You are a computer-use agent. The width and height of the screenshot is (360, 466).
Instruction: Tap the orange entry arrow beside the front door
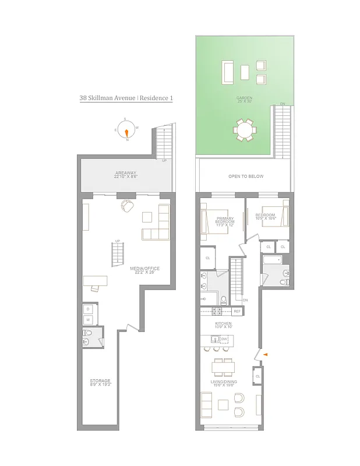coord(266,354)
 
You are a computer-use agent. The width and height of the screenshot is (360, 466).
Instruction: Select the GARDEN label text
coord(244,98)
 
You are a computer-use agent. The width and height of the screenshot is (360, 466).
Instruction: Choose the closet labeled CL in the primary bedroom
coord(208,258)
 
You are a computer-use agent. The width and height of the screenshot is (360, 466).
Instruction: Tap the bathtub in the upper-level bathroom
coord(271,260)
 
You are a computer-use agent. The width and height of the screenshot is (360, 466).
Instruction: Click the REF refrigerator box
coord(237,312)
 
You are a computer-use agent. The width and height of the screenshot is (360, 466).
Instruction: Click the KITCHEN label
coord(223,324)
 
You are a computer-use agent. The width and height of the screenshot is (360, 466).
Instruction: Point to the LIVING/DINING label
coord(223,383)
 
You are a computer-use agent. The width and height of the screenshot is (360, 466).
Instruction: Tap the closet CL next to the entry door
coord(257,377)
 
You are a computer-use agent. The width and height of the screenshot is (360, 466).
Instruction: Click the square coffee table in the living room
coord(223,405)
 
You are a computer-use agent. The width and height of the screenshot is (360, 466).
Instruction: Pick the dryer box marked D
coord(89,308)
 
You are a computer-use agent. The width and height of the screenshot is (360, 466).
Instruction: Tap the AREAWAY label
coord(126,173)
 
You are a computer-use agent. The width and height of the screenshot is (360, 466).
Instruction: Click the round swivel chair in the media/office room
coord(128,206)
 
